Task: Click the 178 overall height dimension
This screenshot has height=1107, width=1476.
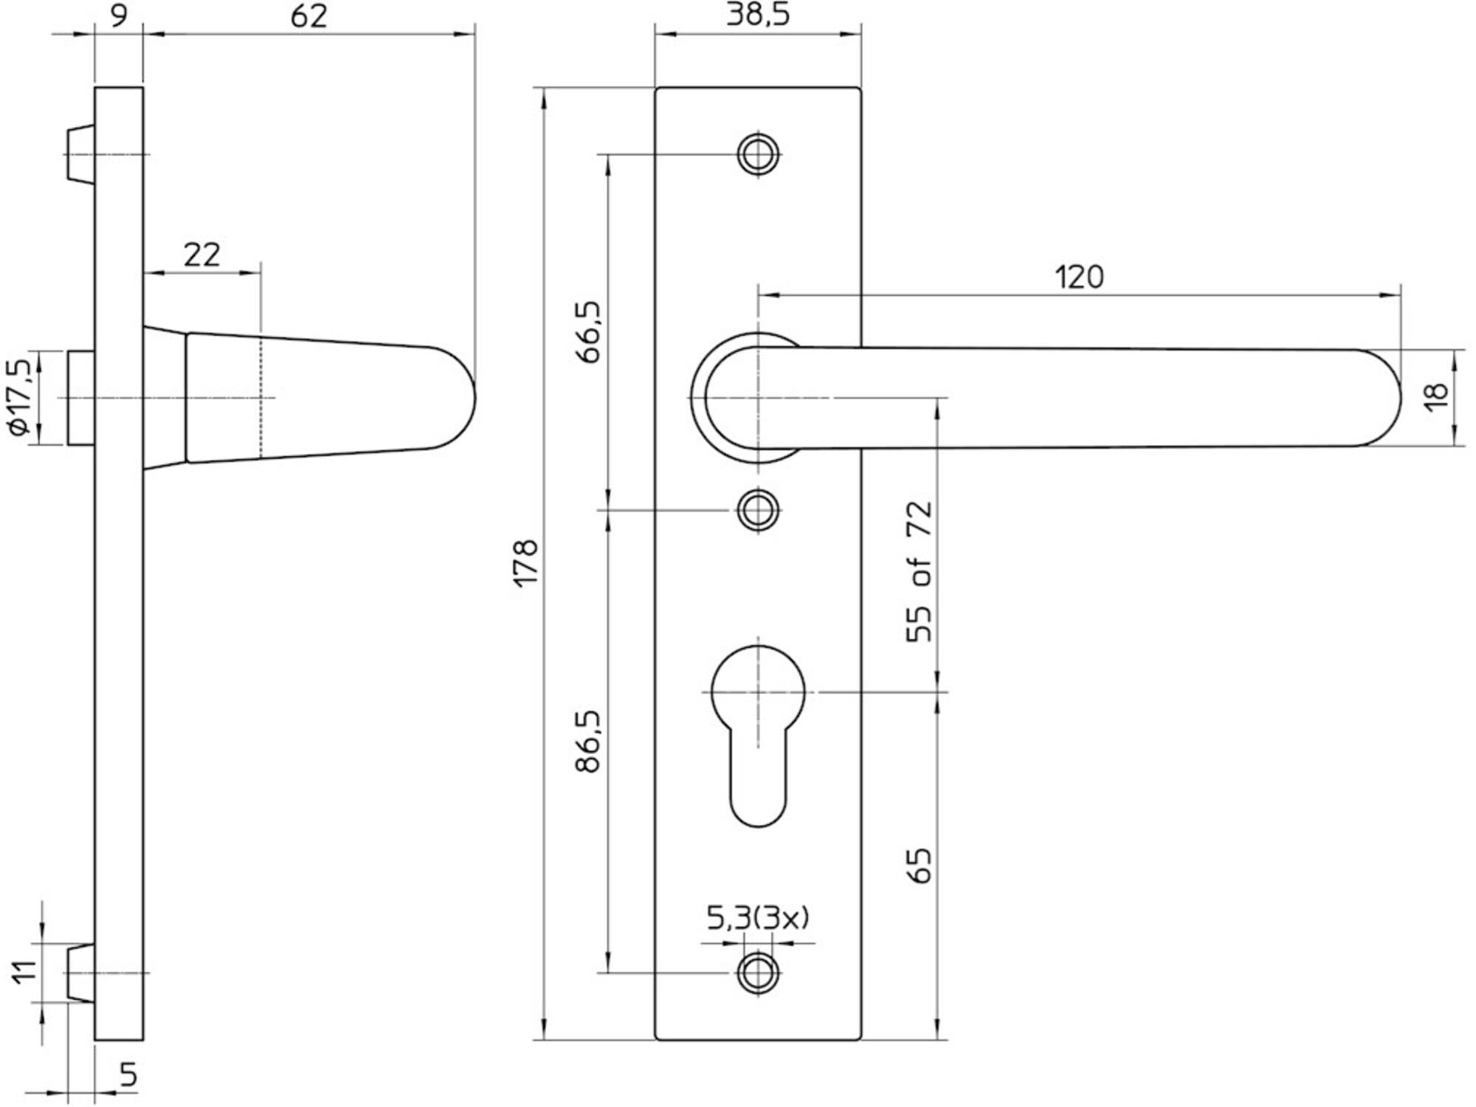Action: pos(526,563)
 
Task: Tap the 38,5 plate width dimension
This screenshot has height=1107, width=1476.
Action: pos(758,14)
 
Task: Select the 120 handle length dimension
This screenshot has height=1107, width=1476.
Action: pos(1080,277)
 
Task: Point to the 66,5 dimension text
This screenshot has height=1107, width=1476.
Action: pos(589,331)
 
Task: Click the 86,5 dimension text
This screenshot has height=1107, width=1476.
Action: pos(589,741)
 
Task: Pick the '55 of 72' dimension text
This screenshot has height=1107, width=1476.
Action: pos(920,572)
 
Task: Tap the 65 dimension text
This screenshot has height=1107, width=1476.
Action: pos(920,866)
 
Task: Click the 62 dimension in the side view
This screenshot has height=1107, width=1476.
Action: pos(308,15)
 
